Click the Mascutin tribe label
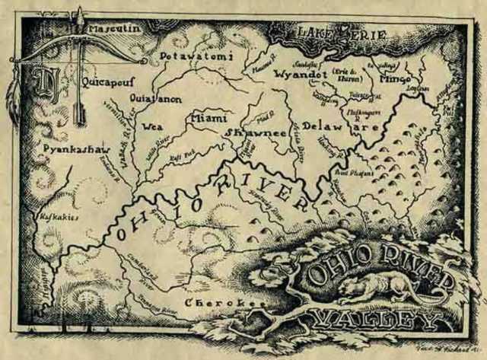114,30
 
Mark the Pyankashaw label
68,149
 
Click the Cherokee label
227,303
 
